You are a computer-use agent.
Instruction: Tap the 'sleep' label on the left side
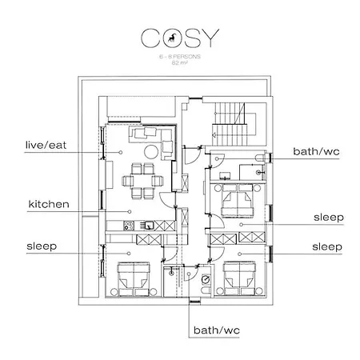(41, 246)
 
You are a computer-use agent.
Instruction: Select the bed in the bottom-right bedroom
(238, 279)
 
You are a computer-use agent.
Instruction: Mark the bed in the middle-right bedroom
(237, 200)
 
